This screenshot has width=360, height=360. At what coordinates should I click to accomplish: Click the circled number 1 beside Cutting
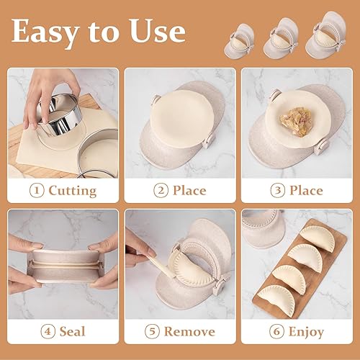(36, 191)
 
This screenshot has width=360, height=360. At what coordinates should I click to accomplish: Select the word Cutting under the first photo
(72, 191)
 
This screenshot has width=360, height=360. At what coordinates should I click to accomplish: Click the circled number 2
(160, 191)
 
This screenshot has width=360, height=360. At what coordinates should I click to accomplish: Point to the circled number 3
(276, 191)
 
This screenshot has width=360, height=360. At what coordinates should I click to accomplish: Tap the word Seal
(72, 332)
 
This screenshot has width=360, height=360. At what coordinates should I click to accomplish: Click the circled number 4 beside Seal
(47, 332)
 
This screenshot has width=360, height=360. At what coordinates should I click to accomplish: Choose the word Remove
(189, 332)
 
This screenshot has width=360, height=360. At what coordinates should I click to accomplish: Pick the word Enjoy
(305, 332)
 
